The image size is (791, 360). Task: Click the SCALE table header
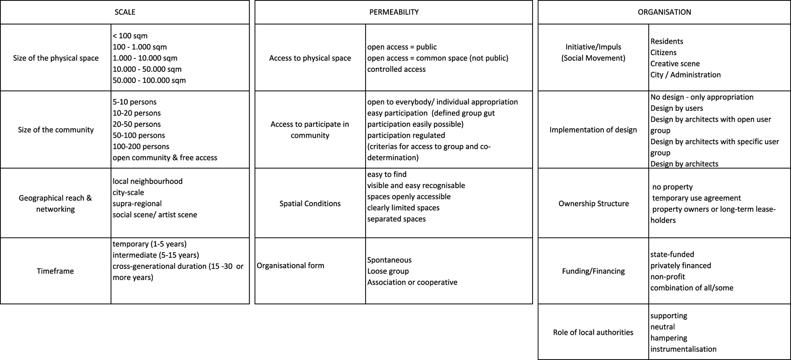[x=125, y=12]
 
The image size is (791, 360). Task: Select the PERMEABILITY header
[x=394, y=12]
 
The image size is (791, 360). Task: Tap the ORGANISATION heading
[x=664, y=12]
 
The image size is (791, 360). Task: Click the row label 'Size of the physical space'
[x=56, y=58]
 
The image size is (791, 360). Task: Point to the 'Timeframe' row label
[x=55, y=271]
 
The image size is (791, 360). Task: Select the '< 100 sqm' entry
[x=130, y=36]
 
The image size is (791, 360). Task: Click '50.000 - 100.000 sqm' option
[x=149, y=80]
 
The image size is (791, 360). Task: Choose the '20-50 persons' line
[x=137, y=124]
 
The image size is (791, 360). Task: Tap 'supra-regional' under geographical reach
[x=137, y=204]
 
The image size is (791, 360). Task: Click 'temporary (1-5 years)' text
[x=150, y=244]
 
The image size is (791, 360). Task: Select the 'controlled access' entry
[x=396, y=69]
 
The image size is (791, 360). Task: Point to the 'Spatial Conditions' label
[x=310, y=204]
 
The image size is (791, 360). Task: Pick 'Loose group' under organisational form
[x=388, y=271]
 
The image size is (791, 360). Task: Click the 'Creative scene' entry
[x=675, y=64]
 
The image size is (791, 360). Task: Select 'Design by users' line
[x=677, y=108]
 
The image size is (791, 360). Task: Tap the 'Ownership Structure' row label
[x=594, y=204]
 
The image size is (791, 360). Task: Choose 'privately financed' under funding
[x=681, y=265]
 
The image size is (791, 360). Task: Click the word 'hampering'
[x=669, y=338]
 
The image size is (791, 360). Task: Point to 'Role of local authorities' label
[x=593, y=332]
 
